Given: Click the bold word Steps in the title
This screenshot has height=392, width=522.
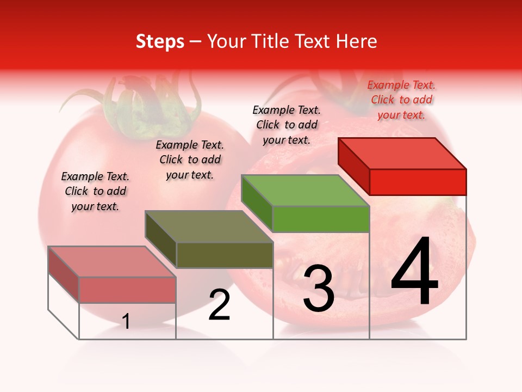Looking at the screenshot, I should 160,41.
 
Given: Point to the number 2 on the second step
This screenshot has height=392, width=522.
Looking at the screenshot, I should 220,305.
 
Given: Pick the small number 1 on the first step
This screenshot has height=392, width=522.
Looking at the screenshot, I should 126,321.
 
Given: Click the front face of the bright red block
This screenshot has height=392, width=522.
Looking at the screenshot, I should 418,182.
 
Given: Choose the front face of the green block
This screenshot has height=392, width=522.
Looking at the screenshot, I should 321,219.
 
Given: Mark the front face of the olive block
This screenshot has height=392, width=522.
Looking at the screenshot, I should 225,255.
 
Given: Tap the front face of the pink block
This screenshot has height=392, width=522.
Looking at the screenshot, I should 127,290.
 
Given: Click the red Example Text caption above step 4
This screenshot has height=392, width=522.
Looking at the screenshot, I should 401,100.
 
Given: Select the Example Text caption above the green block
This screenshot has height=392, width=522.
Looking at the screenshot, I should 287,125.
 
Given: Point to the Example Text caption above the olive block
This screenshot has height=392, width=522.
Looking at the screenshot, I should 190,160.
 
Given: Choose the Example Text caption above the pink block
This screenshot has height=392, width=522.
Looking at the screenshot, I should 95,191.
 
